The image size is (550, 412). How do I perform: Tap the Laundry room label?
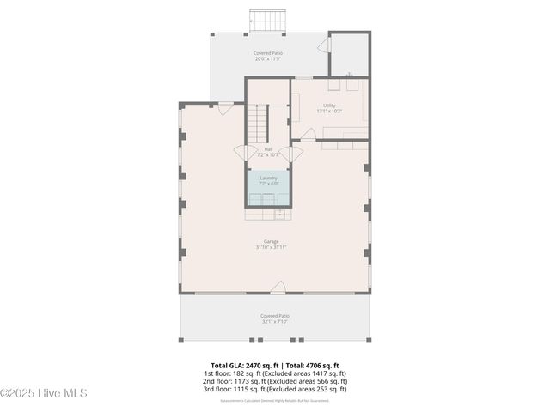click(269, 178)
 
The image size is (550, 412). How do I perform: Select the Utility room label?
click(329, 106)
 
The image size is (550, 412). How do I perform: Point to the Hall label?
click(269, 149)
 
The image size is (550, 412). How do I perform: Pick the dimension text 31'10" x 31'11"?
click(271, 247)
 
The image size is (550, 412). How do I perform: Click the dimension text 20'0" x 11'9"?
click(268, 59)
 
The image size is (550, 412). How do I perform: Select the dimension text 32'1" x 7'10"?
click(274, 322)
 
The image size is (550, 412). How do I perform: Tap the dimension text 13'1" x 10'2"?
click(329, 112)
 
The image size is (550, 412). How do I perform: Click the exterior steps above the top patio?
click(266, 19)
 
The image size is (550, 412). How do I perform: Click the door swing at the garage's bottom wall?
click(278, 287)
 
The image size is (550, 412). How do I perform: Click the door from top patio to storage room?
click(325, 45)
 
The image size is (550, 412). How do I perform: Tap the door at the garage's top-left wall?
click(225, 107)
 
